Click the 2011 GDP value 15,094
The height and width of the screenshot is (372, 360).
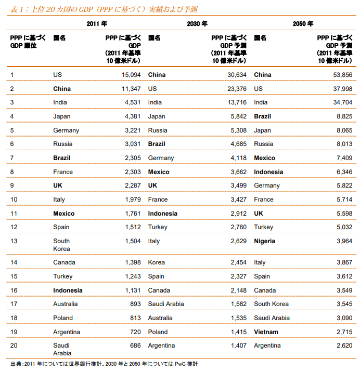tap(131, 75)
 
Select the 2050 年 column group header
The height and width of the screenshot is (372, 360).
tap(303, 23)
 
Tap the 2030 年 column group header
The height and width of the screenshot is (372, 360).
tap(197, 23)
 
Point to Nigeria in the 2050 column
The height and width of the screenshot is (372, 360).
tap(265, 241)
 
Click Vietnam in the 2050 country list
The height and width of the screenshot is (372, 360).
tap(266, 332)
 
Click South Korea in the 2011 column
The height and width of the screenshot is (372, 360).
tap(62, 245)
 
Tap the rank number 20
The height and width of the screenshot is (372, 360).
tap(14, 346)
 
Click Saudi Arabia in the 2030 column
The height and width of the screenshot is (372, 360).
tap(166, 304)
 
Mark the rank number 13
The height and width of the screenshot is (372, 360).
tap(14, 241)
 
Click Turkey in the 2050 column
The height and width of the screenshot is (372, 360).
tap(263, 227)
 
